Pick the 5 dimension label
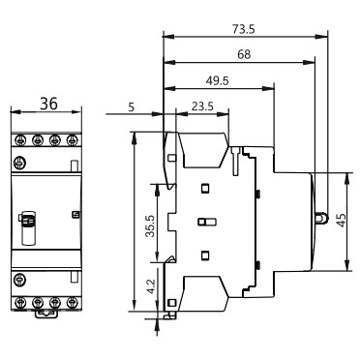(131, 107)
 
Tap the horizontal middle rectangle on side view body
(202, 223)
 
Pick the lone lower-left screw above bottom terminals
(19, 280)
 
